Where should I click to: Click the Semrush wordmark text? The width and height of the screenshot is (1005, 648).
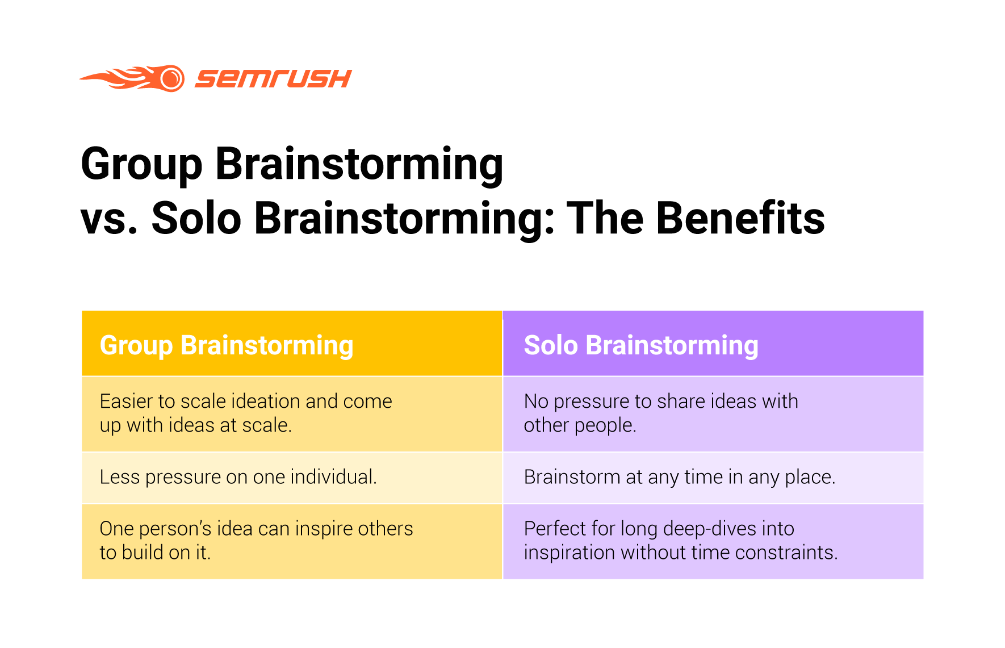click(x=273, y=78)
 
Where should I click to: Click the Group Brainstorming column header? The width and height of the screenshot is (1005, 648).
click(x=292, y=344)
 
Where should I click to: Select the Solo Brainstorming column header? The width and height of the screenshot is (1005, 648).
click(x=713, y=344)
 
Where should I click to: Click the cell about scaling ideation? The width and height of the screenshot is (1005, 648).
click(x=292, y=414)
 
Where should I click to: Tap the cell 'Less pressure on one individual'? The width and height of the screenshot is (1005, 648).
click(x=292, y=478)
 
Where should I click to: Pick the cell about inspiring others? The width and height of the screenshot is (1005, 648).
click(x=292, y=541)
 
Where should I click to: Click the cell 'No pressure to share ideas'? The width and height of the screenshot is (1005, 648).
click(x=713, y=414)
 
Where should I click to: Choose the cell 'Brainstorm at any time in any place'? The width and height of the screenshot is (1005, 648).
click(x=713, y=478)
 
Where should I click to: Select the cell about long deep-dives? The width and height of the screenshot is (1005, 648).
click(x=713, y=541)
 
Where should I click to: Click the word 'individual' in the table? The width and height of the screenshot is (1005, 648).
click(x=333, y=477)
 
